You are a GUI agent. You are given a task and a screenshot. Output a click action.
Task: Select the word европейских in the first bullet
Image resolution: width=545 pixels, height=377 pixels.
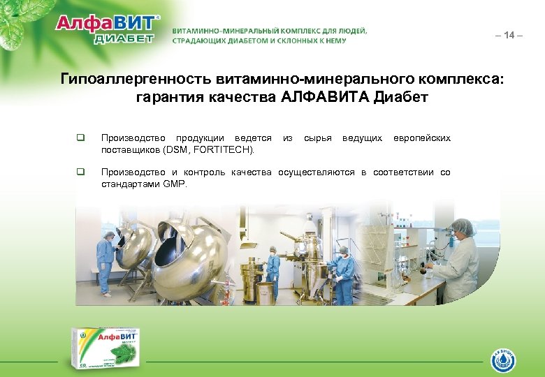422,138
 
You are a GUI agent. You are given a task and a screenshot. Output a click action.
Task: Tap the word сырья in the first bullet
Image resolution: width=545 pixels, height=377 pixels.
317,138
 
